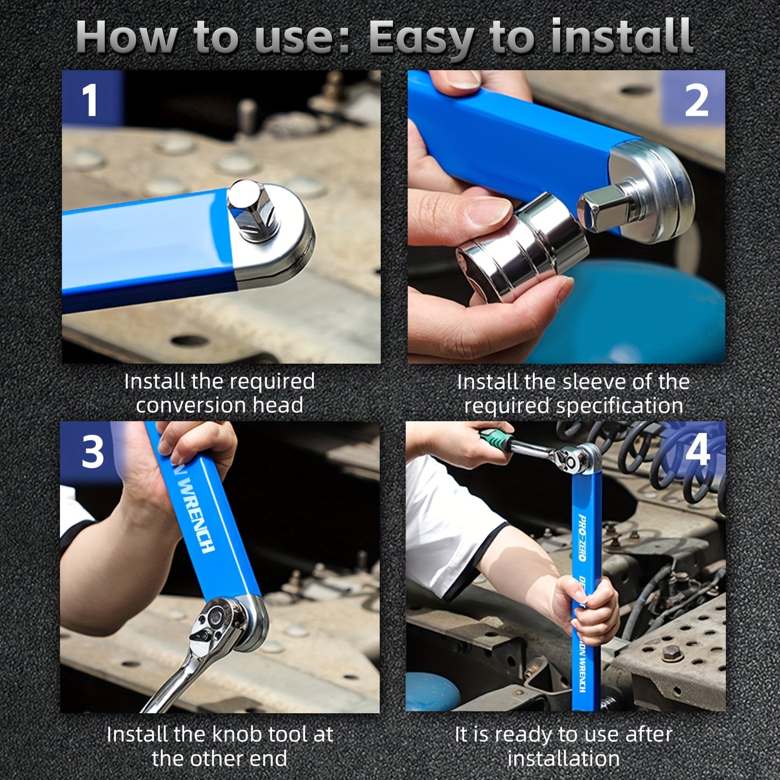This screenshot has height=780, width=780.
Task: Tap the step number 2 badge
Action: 696,100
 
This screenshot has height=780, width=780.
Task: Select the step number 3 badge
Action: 92,452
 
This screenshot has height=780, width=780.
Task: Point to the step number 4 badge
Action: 697,450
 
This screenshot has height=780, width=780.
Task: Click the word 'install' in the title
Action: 621,37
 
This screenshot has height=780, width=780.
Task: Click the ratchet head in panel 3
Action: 221,623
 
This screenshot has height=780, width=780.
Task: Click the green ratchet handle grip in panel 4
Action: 495,439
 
